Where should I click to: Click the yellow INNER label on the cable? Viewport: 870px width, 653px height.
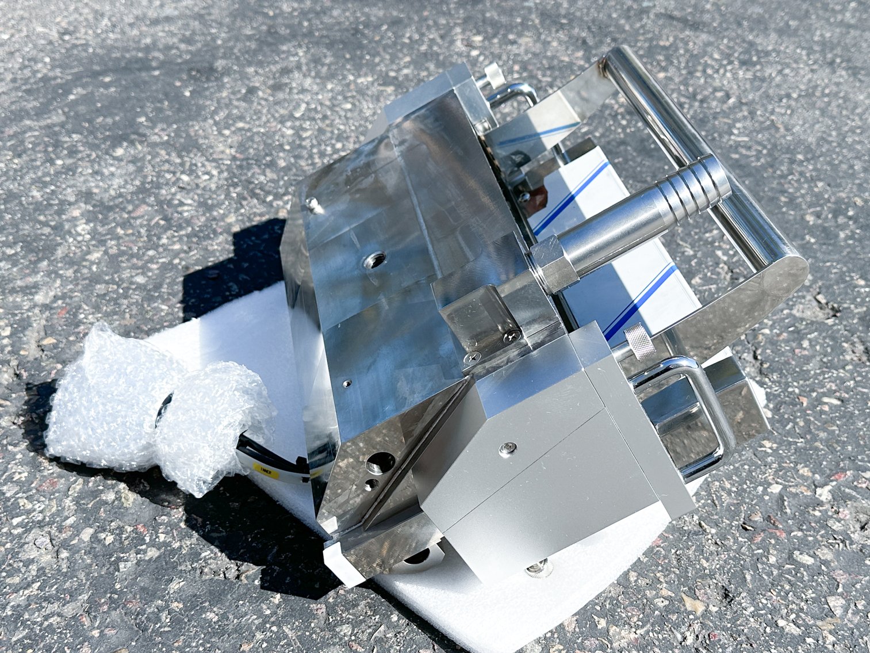266,470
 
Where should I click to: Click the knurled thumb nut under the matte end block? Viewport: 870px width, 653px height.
539,569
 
